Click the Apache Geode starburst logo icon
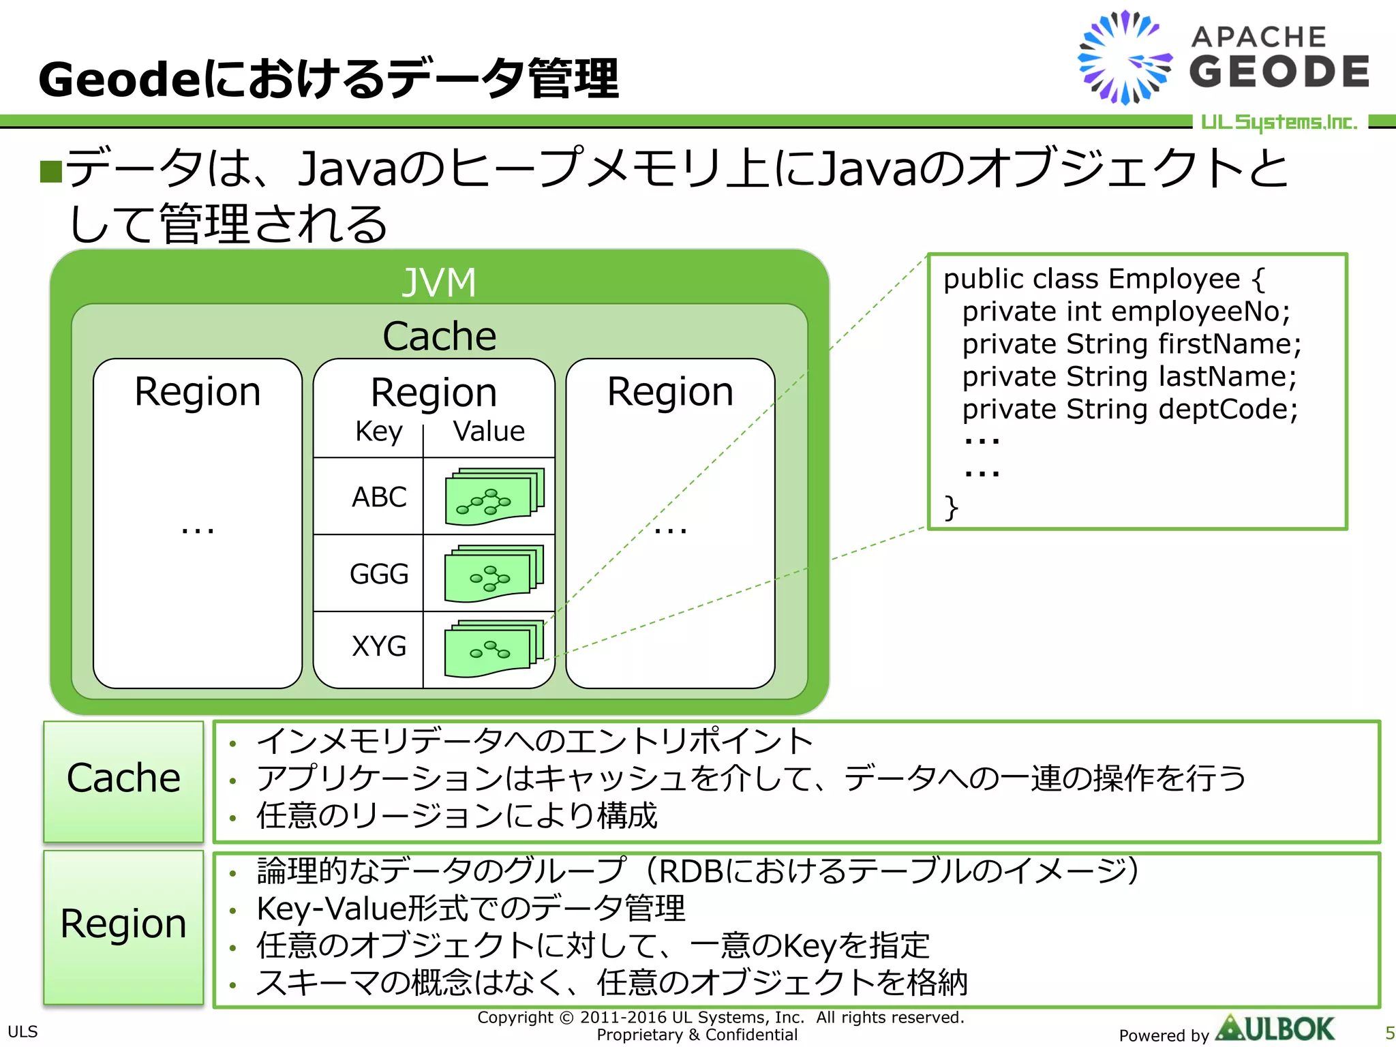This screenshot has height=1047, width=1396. (1125, 58)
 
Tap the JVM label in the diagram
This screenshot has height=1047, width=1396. (439, 282)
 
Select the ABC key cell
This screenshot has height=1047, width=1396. (378, 496)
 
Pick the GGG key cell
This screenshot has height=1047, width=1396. (378, 573)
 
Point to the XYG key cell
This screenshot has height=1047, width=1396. (378, 646)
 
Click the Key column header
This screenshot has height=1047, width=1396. (378, 431)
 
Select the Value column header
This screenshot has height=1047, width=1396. (489, 431)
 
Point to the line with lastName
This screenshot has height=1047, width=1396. (1129, 376)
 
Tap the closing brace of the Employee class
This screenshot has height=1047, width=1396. (951, 508)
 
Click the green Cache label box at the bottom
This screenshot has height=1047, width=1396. (123, 780)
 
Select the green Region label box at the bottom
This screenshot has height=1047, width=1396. (123, 926)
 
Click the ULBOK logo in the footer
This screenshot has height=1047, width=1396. (1275, 1029)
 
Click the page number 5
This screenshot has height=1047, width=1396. (1389, 1033)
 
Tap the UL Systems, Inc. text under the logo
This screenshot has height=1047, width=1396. (1279, 122)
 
